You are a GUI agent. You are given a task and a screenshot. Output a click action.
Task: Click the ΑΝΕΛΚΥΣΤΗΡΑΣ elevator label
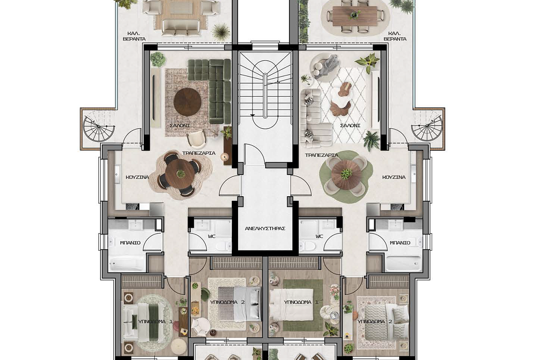tap(265, 228)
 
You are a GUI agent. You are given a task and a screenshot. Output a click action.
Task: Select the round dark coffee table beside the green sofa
tap(187, 102)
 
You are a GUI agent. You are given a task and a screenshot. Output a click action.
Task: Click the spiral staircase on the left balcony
tap(99, 126)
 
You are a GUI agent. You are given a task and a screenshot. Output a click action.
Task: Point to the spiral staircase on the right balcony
tap(427, 126)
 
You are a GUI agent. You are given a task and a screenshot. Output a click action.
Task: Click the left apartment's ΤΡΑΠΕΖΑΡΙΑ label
tap(198, 153)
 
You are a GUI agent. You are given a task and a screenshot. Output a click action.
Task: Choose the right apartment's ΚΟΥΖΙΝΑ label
tap(394, 177)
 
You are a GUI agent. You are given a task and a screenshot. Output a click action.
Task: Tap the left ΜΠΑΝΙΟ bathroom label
tap(130, 243)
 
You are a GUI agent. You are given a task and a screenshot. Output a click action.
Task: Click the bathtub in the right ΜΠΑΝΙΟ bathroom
tap(403, 264)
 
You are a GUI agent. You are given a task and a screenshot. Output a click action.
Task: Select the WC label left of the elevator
tap(211, 237)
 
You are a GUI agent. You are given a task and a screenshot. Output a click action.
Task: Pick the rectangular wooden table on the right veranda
tap(355, 16)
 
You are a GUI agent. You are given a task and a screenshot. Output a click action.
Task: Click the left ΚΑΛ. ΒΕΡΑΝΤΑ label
tap(134, 36)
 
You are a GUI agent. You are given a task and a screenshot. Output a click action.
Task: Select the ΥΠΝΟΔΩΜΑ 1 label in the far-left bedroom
tap(155, 321)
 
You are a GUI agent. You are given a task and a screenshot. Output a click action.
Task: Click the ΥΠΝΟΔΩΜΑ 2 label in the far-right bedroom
tap(374, 321)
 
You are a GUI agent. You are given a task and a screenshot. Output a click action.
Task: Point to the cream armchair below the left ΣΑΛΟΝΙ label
tap(197, 139)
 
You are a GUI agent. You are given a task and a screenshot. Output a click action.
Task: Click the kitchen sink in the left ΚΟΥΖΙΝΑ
tap(117, 174)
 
